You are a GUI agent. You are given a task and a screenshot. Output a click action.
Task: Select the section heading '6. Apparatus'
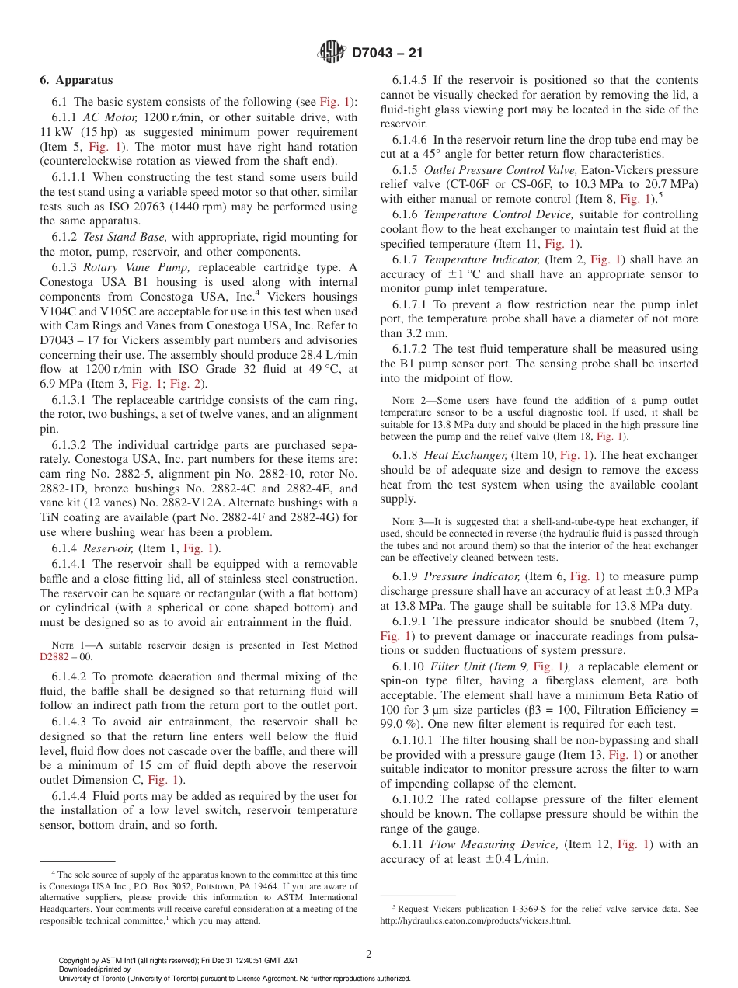click(x=76, y=80)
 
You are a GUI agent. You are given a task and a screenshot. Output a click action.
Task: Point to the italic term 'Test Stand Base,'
click(x=117, y=237)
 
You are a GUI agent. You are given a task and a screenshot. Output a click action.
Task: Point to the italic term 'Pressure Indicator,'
click(x=472, y=576)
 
